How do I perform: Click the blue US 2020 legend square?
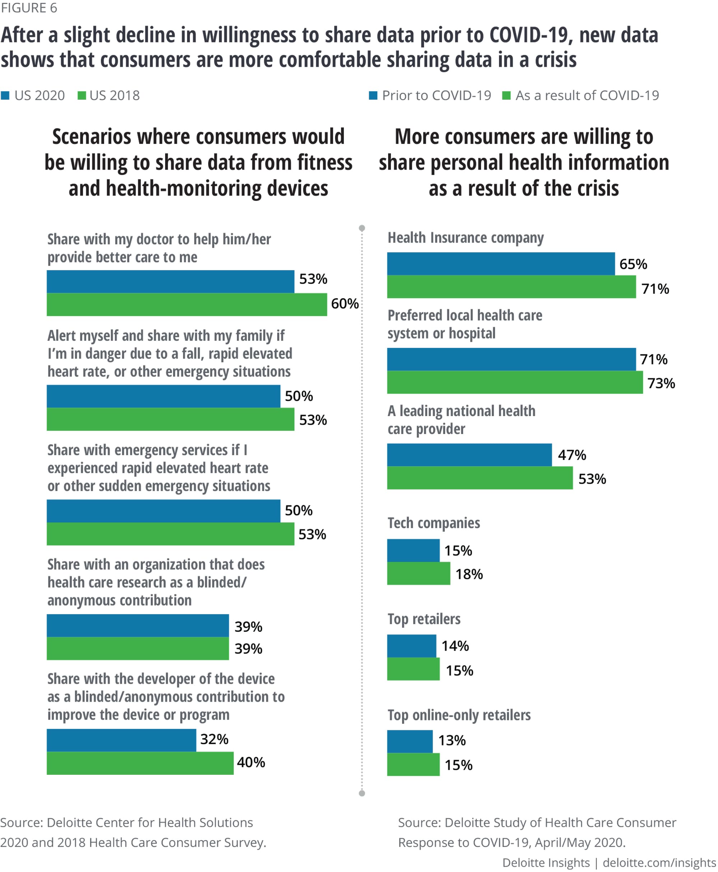point(5,96)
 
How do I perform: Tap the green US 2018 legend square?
point(82,96)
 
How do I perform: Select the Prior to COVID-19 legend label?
point(436,96)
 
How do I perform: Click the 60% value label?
point(345,304)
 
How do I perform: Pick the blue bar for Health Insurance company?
point(500,264)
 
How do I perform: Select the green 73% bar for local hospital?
point(514,382)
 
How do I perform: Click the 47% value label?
point(572,455)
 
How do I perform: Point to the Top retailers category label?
point(424,619)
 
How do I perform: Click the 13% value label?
point(452,740)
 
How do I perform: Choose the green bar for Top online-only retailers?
point(413,764)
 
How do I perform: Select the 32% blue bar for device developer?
point(121,740)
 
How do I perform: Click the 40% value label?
point(251,763)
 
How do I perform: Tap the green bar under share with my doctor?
point(187,305)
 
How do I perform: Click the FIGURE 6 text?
point(29,8)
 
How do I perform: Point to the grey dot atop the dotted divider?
point(362,228)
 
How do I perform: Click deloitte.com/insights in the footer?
point(659,863)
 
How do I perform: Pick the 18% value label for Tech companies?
point(469,574)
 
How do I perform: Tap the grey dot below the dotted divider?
point(362,793)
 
